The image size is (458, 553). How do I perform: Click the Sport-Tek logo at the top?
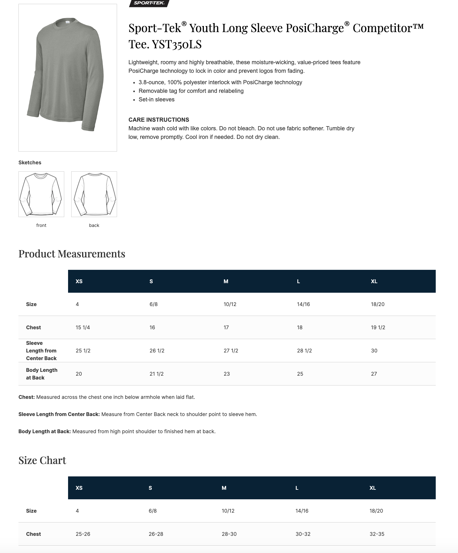(149, 3)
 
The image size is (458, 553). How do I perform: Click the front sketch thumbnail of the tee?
(41, 194)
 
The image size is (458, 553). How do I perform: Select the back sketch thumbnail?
(94, 194)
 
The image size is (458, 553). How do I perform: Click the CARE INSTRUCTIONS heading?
(159, 120)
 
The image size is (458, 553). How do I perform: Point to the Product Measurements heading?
(72, 254)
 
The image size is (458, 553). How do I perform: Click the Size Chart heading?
(42, 461)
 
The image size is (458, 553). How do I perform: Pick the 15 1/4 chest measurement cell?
(83, 328)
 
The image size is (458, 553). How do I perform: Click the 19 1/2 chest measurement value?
(378, 328)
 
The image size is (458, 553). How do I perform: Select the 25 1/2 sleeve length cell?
(83, 351)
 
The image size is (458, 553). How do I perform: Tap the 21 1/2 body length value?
(156, 374)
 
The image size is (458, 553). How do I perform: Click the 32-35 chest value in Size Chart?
(377, 534)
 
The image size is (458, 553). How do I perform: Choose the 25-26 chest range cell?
(83, 534)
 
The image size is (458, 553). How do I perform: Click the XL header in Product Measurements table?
(374, 282)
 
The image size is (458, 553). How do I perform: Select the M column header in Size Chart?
(224, 488)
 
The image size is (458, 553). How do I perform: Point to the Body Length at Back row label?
(42, 374)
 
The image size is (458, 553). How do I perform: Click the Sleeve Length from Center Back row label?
(41, 351)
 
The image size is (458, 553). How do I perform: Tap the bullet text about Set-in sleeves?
(156, 99)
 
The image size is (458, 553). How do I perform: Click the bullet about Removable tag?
(191, 91)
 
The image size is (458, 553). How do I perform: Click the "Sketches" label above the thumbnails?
(30, 163)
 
